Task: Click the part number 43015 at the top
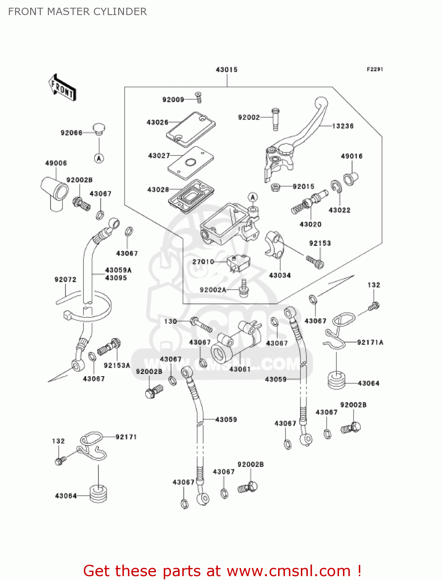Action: pyautogui.click(x=226, y=70)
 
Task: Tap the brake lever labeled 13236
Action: pyautogui.click(x=305, y=131)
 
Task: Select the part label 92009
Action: pyautogui.click(x=173, y=100)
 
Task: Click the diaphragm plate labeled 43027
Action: pyautogui.click(x=190, y=163)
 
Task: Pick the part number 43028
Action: pyautogui.click(x=158, y=189)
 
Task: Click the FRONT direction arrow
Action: pyautogui.click(x=62, y=88)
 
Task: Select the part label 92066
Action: pyautogui.click(x=71, y=133)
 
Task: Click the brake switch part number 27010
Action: pyautogui.click(x=203, y=262)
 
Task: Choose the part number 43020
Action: pyautogui.click(x=310, y=224)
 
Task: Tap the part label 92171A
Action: pyautogui.click(x=370, y=342)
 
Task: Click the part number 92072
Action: pyautogui.click(x=65, y=280)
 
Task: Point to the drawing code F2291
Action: pyautogui.click(x=375, y=69)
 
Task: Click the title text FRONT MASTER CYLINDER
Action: pyautogui.click(x=77, y=12)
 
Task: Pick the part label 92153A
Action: pyautogui.click(x=117, y=365)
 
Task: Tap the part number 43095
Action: pyautogui.click(x=116, y=278)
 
